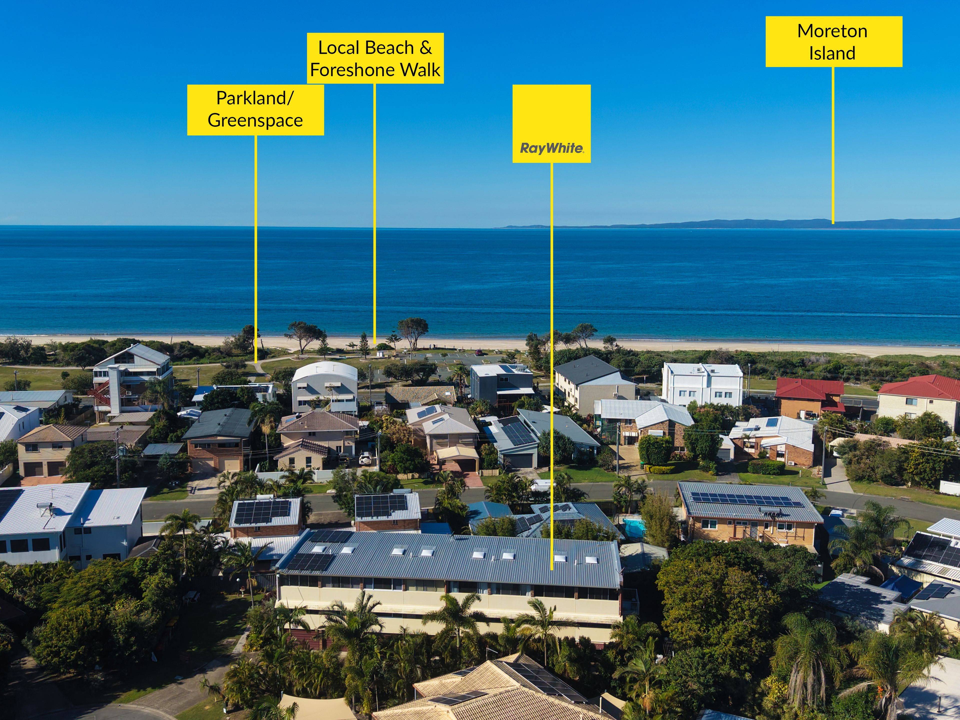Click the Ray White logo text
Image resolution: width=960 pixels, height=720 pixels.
(551, 148)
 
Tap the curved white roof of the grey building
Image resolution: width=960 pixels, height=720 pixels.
(325, 372)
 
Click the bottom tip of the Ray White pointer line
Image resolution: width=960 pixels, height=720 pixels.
(552, 569)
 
